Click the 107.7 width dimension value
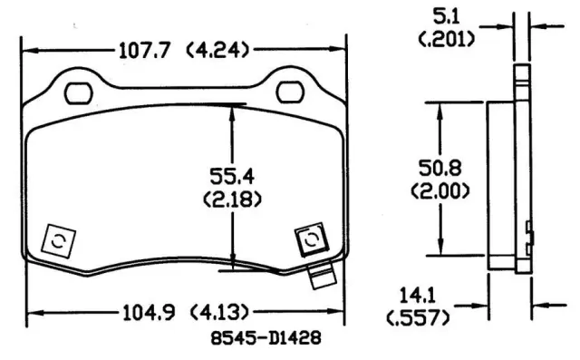point(144,50)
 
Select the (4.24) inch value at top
point(217,50)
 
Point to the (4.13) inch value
point(219,314)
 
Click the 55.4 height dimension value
point(232,176)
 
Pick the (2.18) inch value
point(232,199)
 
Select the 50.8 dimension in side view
point(440,168)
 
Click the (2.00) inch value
point(440,191)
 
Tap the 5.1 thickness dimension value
point(446,16)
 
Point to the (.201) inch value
point(446,39)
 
